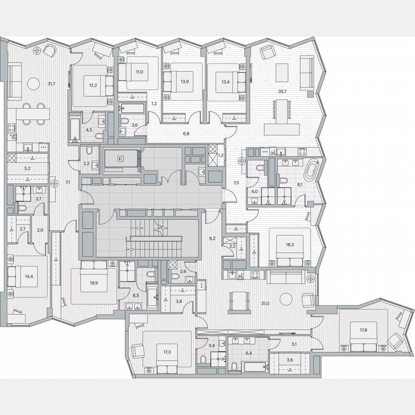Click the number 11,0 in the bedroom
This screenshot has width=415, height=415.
tap(139, 72)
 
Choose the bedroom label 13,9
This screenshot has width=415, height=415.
tap(184, 81)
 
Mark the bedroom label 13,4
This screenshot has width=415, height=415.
tap(226, 81)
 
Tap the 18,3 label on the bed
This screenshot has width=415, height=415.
tap(290, 244)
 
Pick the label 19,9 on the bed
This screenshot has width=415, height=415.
tap(93, 283)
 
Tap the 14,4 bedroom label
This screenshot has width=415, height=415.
tap(29, 277)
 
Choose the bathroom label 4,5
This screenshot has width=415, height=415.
tap(89, 129)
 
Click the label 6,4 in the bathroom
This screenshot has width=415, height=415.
tap(248, 353)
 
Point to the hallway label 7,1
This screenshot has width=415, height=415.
tap(68, 182)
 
